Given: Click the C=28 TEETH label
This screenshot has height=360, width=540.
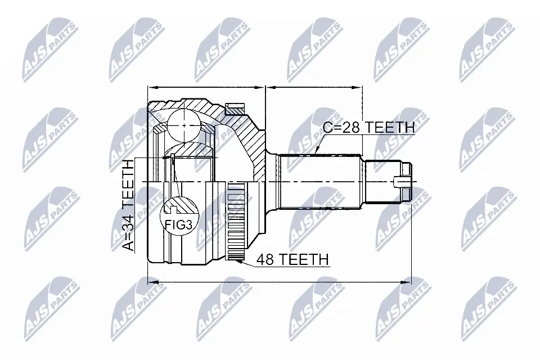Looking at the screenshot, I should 368,128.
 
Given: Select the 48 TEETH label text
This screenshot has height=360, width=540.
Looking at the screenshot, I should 292,259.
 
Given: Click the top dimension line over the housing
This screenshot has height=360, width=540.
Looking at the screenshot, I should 206,88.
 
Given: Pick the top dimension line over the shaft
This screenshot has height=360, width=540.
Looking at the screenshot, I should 314,88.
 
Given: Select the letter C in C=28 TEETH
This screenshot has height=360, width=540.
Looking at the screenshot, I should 328,128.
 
